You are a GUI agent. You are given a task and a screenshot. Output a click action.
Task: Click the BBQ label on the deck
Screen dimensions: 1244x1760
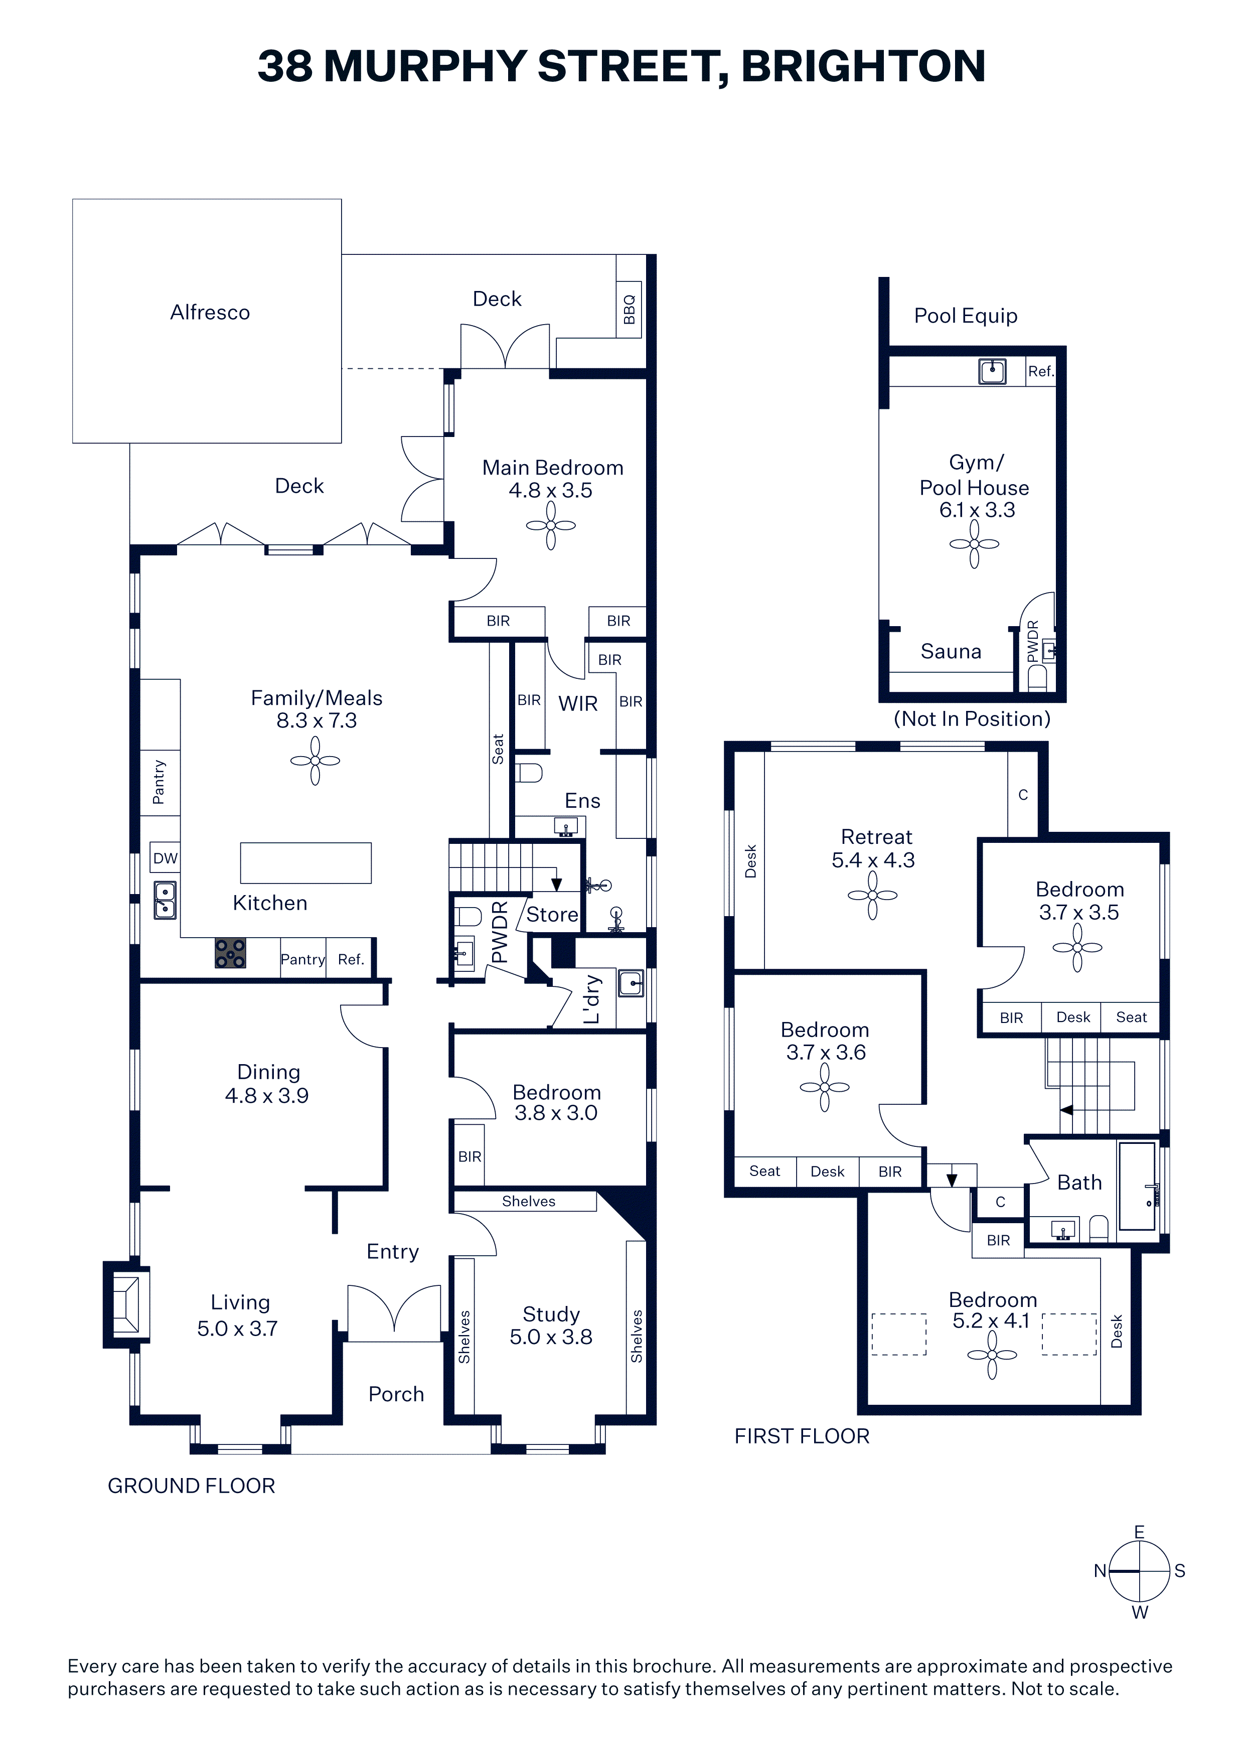click(x=630, y=310)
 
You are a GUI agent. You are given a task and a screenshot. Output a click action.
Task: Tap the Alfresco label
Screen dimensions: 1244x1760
click(x=210, y=312)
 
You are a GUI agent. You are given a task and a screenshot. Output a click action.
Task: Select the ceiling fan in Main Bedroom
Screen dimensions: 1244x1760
click(x=550, y=526)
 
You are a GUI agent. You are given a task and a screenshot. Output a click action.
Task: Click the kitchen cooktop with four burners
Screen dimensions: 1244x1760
click(x=230, y=953)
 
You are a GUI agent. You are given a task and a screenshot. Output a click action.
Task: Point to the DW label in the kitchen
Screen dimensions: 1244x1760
click(x=165, y=858)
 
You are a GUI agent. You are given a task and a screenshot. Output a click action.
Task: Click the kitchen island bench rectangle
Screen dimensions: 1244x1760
click(x=306, y=863)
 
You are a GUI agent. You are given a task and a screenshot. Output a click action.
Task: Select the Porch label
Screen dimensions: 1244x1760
click(x=396, y=1394)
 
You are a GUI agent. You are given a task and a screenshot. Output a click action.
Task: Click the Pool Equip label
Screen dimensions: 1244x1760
click(x=966, y=316)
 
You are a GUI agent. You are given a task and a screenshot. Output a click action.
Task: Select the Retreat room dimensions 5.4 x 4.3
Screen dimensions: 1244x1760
click(x=873, y=860)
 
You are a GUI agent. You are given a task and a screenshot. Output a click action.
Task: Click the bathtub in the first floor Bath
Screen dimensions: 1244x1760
click(x=1138, y=1186)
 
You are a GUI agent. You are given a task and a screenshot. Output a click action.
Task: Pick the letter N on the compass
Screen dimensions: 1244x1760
click(x=1100, y=1571)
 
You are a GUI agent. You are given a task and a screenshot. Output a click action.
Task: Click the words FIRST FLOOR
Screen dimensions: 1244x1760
click(x=802, y=1436)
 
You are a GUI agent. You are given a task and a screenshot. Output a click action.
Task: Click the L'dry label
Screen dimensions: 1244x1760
click(x=592, y=999)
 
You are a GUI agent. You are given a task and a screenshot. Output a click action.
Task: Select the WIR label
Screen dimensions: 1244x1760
click(x=578, y=704)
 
